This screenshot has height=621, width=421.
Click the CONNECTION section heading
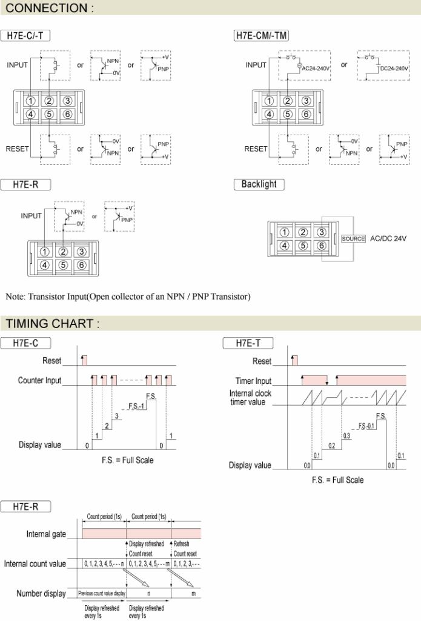coord(50,8)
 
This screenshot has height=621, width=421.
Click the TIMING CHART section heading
coord(53,324)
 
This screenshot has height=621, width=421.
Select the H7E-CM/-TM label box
coord(261,36)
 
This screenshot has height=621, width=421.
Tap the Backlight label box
coord(259,184)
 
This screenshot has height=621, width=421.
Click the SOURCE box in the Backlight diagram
coord(353,238)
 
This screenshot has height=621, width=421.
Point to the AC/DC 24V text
coord(388,238)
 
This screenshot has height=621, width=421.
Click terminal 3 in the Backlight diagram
coord(321,232)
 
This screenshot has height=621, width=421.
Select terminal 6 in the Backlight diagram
coord(321,246)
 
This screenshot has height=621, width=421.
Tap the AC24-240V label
coord(316,69)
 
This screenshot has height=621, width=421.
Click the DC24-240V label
coord(394,69)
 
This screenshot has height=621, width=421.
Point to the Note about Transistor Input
coord(128,296)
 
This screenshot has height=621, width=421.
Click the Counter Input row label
coord(39,380)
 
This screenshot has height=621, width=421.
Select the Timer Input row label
coord(253,381)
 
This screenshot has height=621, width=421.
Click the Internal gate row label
coord(46,534)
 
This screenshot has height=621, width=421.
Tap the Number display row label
coord(41,593)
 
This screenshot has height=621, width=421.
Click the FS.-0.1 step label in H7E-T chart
coord(366,426)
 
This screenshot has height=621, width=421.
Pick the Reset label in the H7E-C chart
coord(52,360)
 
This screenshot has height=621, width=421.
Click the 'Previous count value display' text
coord(102,593)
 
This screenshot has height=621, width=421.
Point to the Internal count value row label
coord(35,563)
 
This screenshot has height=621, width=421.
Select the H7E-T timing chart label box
coord(248,343)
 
